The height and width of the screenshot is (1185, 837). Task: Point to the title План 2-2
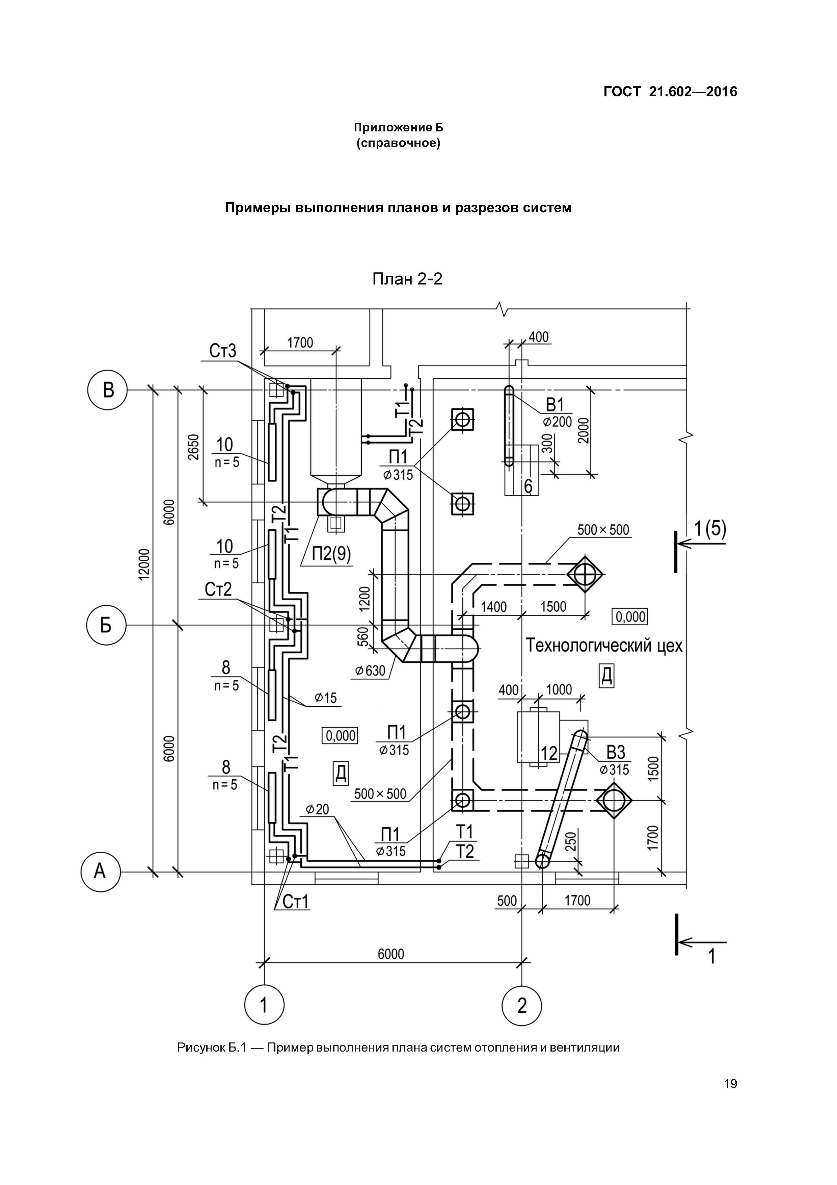(x=407, y=279)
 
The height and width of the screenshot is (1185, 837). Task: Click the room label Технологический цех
(x=604, y=646)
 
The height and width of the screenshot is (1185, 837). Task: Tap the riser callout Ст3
(x=223, y=351)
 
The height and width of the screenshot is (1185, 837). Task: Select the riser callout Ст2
(x=218, y=589)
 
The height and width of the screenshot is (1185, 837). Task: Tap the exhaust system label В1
(x=556, y=405)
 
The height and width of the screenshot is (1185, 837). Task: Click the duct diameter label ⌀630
(x=370, y=671)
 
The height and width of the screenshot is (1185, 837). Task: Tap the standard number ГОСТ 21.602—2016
(x=670, y=92)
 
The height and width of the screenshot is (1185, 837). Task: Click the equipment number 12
(x=549, y=754)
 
